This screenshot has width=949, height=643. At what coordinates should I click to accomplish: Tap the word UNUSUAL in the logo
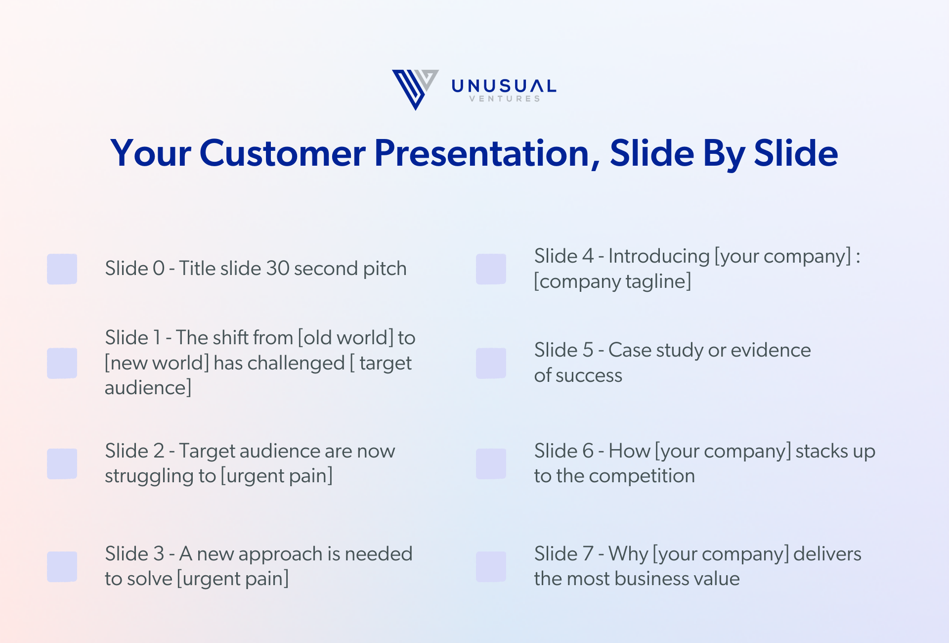pyautogui.click(x=504, y=86)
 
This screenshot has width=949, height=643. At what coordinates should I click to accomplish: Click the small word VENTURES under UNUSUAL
pyautogui.click(x=504, y=99)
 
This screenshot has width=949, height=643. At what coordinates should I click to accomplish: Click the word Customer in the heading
pyautogui.click(x=282, y=153)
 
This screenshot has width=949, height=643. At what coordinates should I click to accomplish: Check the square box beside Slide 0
pyautogui.click(x=62, y=269)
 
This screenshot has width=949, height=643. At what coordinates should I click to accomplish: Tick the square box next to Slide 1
pyautogui.click(x=62, y=363)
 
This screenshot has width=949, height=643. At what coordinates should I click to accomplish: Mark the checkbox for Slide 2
pyautogui.click(x=62, y=464)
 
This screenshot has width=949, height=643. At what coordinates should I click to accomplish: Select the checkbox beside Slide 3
pyautogui.click(x=62, y=567)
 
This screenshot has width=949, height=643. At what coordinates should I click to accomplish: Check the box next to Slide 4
pyautogui.click(x=491, y=269)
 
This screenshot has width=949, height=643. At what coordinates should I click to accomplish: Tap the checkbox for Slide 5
pyautogui.click(x=491, y=363)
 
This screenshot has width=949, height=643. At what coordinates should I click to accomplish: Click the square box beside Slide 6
pyautogui.click(x=491, y=464)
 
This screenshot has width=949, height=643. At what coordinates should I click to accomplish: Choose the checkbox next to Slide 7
pyautogui.click(x=491, y=567)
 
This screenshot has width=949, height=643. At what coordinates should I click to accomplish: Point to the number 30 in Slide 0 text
pyautogui.click(x=277, y=269)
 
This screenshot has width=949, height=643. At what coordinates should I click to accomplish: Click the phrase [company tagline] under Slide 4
pyautogui.click(x=612, y=281)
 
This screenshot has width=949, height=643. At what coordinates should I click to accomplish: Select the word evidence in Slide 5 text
pyautogui.click(x=771, y=350)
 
